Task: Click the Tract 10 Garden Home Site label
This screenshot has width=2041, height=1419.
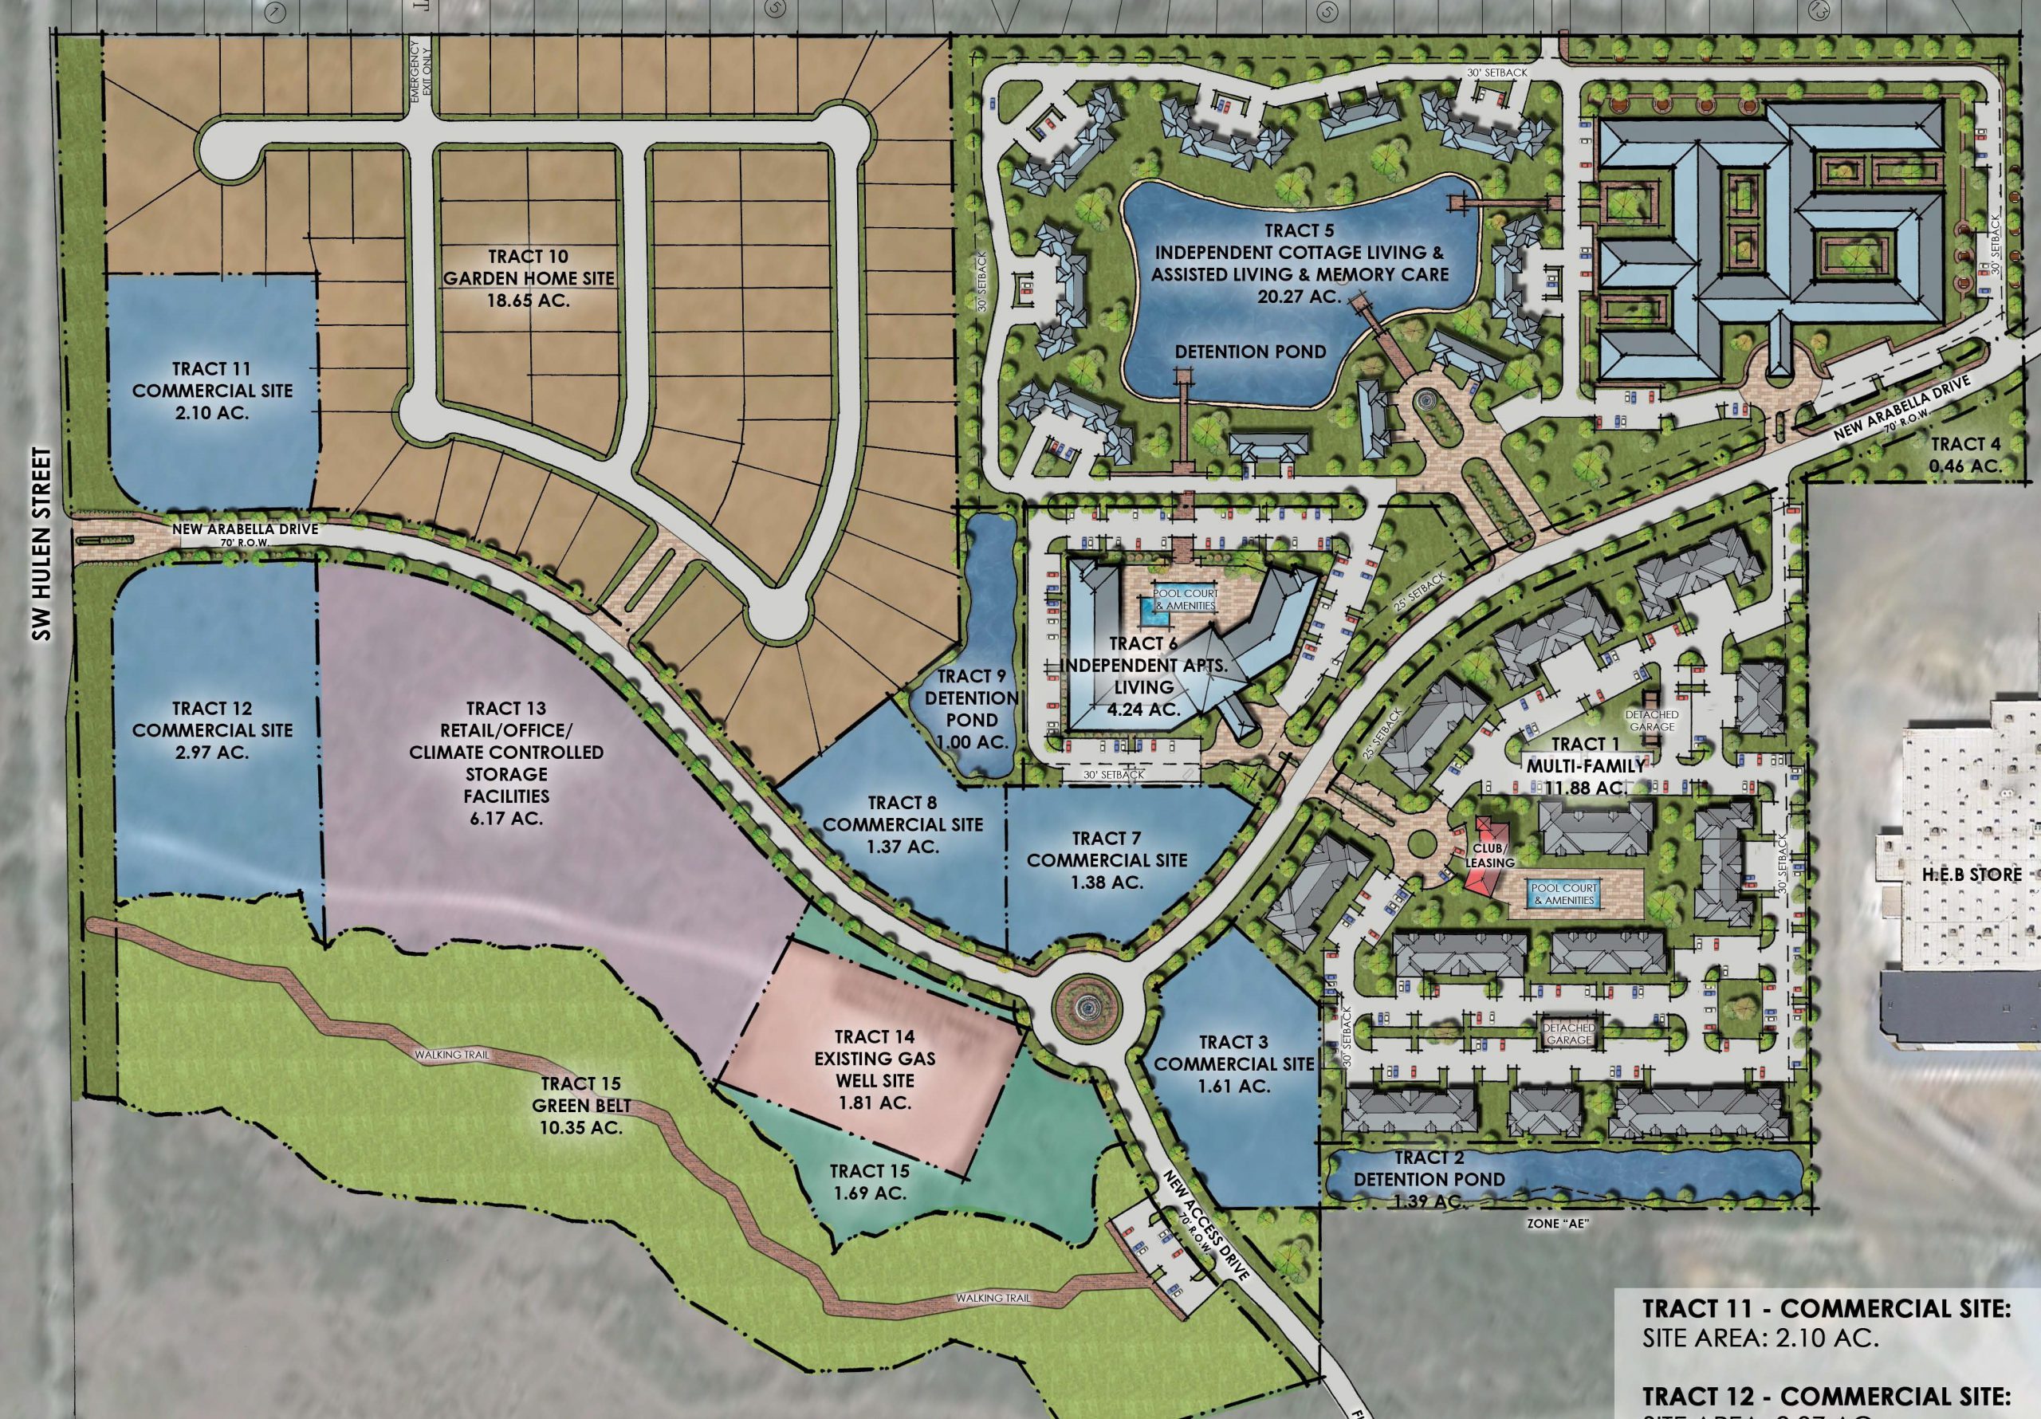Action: [x=529, y=278]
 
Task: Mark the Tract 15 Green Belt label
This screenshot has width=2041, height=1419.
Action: [x=579, y=1105]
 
